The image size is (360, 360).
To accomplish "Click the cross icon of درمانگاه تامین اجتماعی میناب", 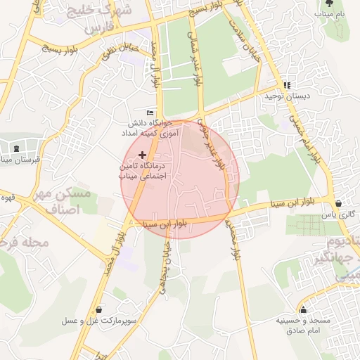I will [x=143, y=154].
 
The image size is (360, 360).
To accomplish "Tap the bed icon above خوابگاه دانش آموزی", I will [x=149, y=113].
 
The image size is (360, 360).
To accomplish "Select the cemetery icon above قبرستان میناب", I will [x=16, y=148].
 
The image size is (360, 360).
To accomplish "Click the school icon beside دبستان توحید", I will [x=286, y=86].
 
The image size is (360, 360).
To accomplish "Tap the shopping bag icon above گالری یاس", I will [x=340, y=204].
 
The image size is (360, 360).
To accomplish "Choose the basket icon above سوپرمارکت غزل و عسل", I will [x=98, y=309].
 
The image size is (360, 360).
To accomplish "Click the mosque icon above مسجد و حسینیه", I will [x=304, y=309].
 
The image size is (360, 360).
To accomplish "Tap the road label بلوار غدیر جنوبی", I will [x=212, y=143].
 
